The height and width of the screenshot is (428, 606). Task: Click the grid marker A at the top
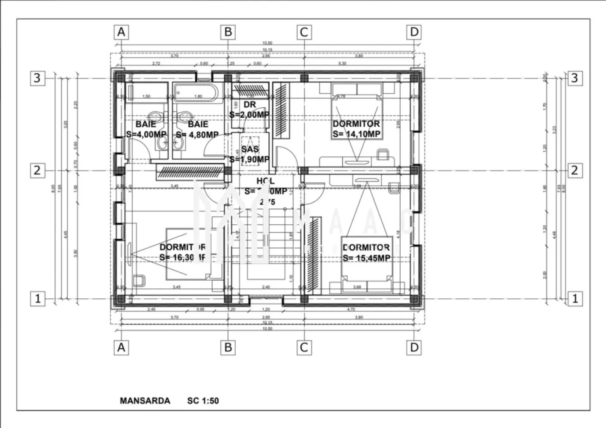121,32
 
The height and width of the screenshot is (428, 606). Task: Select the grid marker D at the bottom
414,347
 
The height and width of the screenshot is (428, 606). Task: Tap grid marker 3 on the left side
37,78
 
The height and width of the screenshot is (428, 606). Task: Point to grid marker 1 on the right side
575,298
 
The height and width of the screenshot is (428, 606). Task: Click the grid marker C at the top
304,32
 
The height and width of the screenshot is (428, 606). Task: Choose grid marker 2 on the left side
37,170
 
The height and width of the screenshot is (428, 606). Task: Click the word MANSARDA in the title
145,401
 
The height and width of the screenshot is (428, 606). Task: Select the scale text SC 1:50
203,401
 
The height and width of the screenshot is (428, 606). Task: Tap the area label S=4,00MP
146,134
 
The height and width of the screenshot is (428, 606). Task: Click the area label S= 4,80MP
197,134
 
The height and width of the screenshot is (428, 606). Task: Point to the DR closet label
250,105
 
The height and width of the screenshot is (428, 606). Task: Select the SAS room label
250,149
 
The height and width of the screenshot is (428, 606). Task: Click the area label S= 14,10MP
356,134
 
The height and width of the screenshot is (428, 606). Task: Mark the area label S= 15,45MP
366,258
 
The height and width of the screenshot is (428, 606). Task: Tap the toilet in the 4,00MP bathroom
155,117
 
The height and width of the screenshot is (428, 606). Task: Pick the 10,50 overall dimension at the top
267,43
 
